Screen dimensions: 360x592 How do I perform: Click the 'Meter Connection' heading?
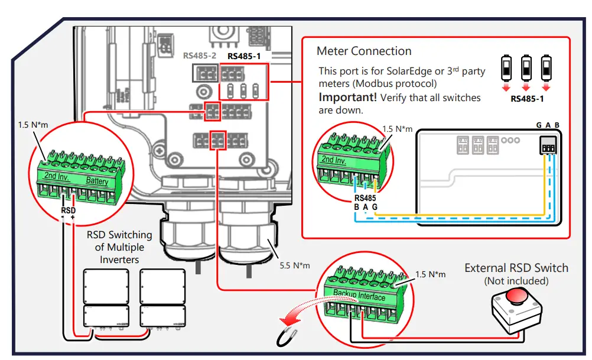[364, 51]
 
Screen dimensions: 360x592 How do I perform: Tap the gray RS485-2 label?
[200, 56]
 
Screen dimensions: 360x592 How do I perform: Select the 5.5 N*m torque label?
[295, 265]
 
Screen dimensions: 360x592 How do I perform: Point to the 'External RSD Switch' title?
[516, 268]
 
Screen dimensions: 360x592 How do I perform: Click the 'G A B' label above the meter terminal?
[548, 125]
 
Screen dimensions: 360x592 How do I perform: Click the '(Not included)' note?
[516, 281]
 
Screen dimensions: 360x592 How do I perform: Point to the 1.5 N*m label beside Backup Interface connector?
[430, 274]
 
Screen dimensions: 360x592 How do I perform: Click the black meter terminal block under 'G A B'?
[549, 146]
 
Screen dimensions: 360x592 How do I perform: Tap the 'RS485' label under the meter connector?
[365, 197]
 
